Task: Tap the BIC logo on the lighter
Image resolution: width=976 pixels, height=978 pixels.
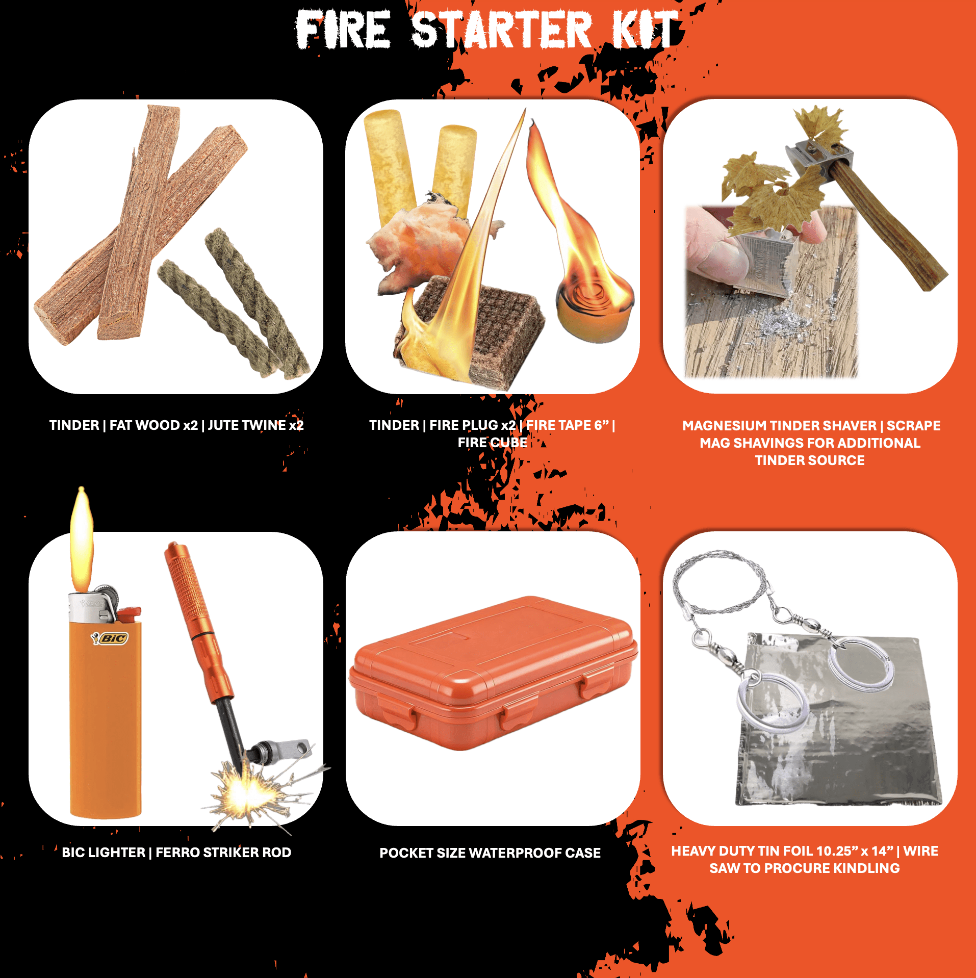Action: (x=110, y=638)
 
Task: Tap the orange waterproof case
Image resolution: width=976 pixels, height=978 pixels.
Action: (x=493, y=673)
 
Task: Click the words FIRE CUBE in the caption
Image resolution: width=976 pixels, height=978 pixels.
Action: (x=492, y=443)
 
